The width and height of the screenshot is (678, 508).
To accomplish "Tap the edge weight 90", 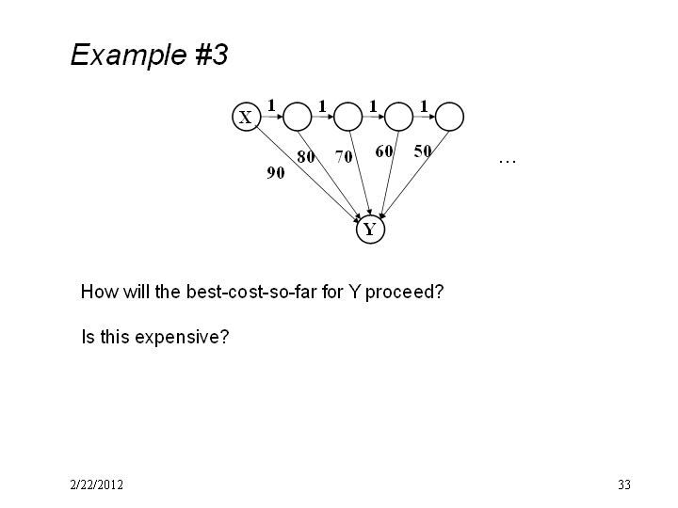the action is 275,173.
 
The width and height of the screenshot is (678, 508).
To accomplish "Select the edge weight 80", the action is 306,156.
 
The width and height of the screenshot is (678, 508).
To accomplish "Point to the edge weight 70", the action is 344,156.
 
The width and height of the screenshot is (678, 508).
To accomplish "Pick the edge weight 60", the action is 384,151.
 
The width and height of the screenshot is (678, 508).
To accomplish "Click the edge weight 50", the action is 423,151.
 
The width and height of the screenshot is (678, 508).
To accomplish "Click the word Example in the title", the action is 128,55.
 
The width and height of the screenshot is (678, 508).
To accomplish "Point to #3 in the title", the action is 212,55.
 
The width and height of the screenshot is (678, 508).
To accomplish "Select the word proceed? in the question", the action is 404,293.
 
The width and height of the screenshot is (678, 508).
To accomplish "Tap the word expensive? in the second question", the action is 182,338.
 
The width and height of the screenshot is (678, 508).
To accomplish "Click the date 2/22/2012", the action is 96,484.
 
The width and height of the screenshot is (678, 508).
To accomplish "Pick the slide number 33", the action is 624,484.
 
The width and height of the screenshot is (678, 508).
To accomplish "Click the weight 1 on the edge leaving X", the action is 271,105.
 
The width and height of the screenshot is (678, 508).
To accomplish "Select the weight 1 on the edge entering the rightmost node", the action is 424,105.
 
